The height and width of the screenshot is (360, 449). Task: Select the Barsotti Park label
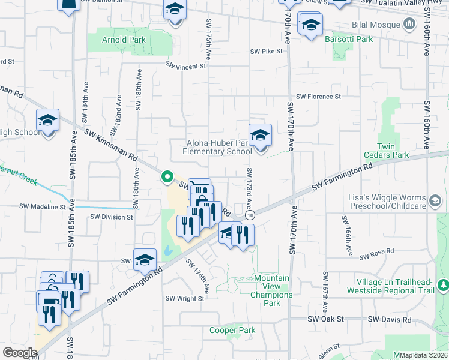point(349,40)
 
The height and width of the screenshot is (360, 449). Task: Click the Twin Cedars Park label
point(393,151)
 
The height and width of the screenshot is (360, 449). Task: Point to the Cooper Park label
point(232,331)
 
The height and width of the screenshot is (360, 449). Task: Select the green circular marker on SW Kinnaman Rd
point(167,177)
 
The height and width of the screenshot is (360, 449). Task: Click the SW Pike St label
point(267,52)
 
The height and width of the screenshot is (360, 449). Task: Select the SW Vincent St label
point(186,67)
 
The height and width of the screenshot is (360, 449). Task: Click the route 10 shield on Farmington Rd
point(250,215)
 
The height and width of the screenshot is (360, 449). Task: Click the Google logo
point(20,352)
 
